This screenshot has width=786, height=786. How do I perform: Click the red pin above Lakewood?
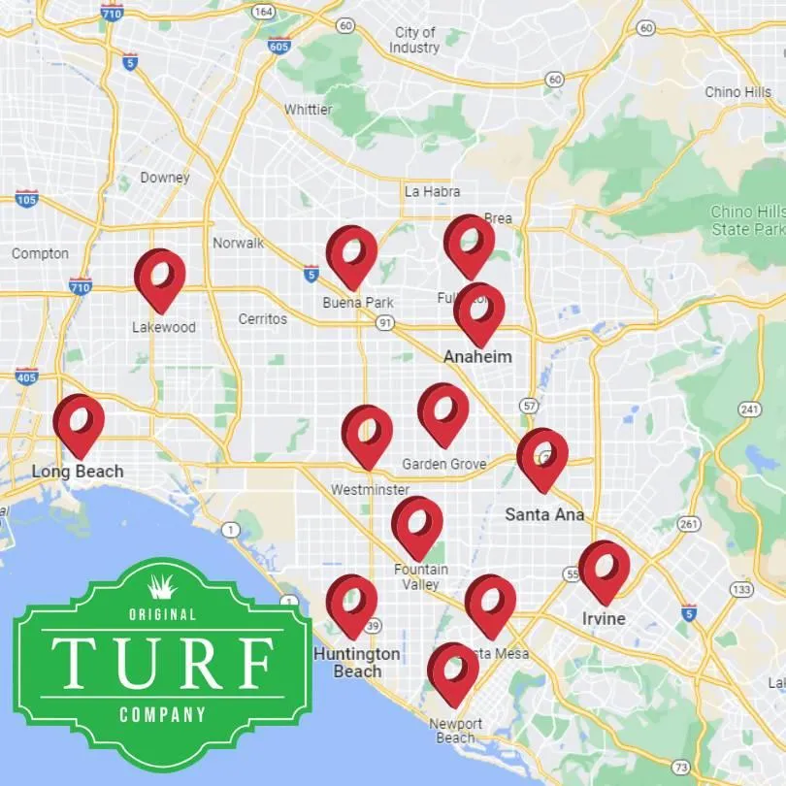coord(160,278)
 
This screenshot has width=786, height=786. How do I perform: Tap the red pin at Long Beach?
coord(79,424)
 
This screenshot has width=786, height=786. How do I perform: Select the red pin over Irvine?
coord(604,571)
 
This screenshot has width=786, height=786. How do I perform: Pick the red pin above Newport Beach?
coord(453,672)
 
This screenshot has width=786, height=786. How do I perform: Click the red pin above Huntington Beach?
coord(351,605)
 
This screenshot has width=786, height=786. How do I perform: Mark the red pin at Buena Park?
coord(351,256)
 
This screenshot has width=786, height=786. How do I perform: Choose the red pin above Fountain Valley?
coord(417,526)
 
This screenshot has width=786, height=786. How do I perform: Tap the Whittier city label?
coord(308,110)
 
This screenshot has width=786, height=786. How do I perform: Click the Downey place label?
coord(165,178)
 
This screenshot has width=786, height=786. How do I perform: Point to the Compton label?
coord(40,253)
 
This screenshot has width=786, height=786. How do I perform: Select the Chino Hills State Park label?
coord(747,220)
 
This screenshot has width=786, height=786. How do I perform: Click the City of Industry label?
coord(415,40)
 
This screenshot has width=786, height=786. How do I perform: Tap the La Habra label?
coord(433,191)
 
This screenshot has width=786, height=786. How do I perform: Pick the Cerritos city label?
coord(263,318)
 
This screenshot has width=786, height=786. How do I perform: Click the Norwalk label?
coord(238,243)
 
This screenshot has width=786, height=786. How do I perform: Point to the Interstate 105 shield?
coord(27,199)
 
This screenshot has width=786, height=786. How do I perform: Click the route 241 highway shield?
coord(748,409)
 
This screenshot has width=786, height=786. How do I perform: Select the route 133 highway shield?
coord(743,589)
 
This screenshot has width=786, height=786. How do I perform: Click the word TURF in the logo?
coord(162,662)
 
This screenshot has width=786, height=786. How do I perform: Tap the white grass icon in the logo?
coord(162,585)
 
